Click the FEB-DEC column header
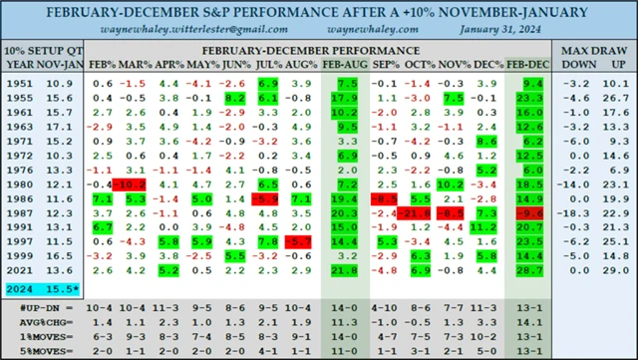click(x=527, y=64)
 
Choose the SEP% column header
click(x=384, y=64)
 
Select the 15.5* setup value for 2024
click(x=60, y=287)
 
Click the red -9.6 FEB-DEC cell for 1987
click(x=528, y=213)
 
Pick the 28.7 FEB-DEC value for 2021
click(x=528, y=271)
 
